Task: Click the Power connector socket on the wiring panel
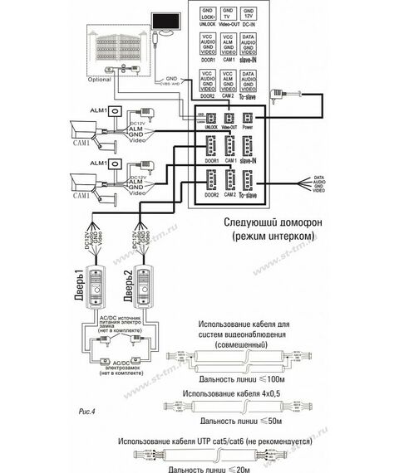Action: (x=248, y=119)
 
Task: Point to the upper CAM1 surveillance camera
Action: (x=88, y=129)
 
